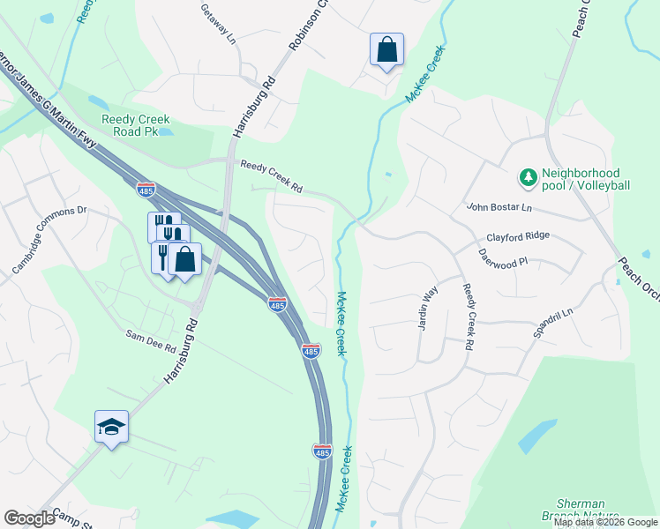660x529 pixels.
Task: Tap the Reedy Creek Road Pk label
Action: [135, 125]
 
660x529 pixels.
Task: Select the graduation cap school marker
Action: [112, 427]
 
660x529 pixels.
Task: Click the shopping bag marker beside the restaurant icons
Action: [185, 259]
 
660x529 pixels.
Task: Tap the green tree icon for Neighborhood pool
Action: [529, 178]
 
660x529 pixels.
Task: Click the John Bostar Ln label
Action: [499, 208]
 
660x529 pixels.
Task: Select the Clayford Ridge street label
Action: [518, 236]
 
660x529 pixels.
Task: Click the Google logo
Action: [29, 518]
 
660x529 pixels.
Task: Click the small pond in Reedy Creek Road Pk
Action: [168, 131]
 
